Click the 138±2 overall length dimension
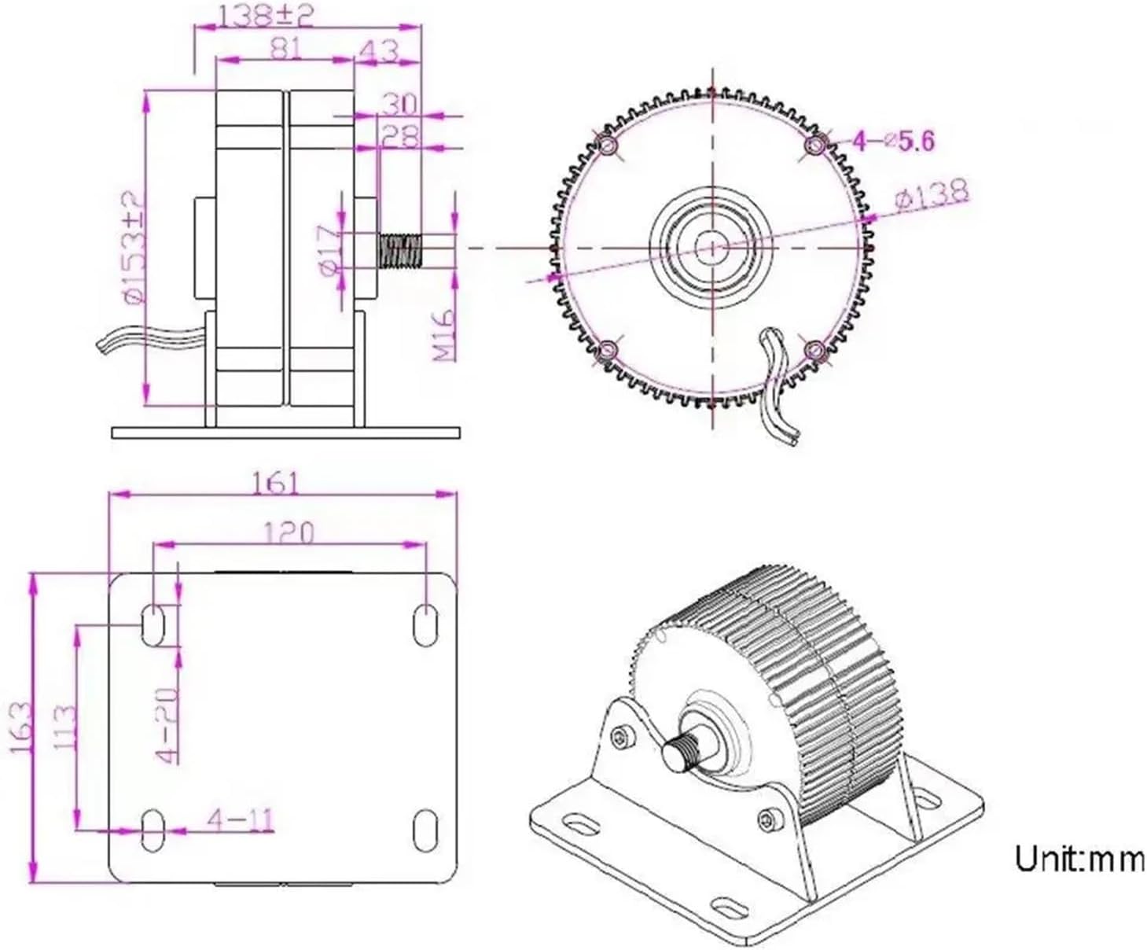265,16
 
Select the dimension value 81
285,49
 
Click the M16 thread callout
446,334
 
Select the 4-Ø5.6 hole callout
894,142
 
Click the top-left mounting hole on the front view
608,145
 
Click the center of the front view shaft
712,247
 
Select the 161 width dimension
275,482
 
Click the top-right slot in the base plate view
425,624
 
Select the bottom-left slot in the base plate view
152,829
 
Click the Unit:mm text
1079,858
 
